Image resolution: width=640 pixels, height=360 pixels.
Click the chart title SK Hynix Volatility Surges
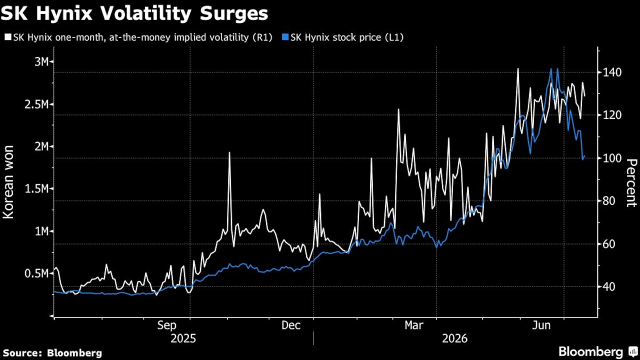134,13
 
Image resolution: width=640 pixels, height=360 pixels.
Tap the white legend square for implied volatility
8,37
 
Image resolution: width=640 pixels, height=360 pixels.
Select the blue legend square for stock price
285,37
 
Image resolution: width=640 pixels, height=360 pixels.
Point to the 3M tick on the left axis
42,61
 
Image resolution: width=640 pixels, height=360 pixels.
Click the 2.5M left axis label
37,104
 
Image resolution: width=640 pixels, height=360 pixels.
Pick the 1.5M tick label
37,188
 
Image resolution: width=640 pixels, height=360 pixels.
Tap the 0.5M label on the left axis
37,273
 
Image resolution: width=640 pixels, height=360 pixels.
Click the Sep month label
167,325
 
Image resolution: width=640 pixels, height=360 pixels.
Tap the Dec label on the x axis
291,325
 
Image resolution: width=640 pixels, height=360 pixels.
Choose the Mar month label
413,325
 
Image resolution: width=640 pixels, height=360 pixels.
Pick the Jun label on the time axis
541,325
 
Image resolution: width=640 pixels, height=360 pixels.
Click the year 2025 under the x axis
183,338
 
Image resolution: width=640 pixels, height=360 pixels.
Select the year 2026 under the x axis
454,338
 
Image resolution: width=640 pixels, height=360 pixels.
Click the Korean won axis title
8,182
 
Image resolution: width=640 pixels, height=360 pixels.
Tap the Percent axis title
631,183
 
